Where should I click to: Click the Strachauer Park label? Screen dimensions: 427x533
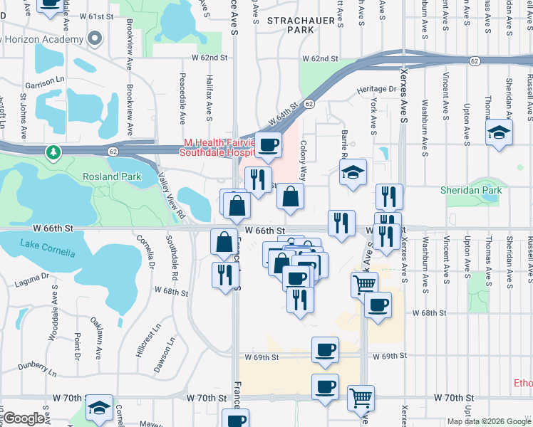pyautogui.click(x=301, y=26)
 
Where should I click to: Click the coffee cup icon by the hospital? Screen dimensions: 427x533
pyautogui.click(x=268, y=145)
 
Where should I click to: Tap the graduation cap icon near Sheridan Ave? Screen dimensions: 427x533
pyautogui.click(x=499, y=132)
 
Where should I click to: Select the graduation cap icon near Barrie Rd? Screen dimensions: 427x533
pyautogui.click(x=352, y=172)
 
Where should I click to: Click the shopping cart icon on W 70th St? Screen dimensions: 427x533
pyautogui.click(x=361, y=397)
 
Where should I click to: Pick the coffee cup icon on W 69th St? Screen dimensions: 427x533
pyautogui.click(x=325, y=349)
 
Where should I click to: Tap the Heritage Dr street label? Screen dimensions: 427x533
pyautogui.click(x=376, y=89)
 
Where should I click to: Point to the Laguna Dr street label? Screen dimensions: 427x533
pyautogui.click(x=30, y=283)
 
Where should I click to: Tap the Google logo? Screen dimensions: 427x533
pyautogui.click(x=24, y=418)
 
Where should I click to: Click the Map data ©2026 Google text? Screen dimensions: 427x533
pyautogui.click(x=489, y=421)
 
